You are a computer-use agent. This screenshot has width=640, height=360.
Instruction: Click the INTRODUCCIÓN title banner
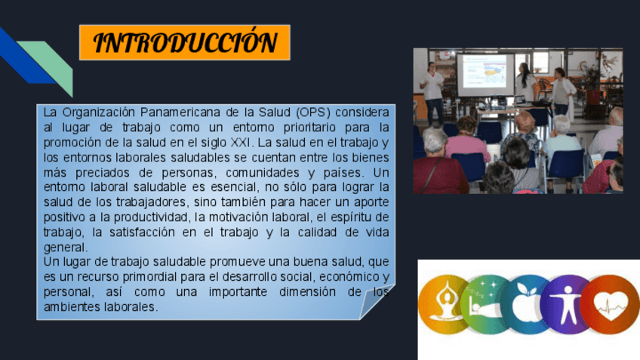pos(184,42)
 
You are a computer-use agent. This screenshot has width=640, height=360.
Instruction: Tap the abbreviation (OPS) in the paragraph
pos(313,112)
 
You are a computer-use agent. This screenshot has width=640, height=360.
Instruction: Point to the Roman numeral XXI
pos(241,143)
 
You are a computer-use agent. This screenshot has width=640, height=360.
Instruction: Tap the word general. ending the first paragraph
pos(66,248)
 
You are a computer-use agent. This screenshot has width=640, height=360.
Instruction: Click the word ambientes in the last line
pos(72,306)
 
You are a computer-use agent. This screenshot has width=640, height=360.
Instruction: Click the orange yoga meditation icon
pos(444,304)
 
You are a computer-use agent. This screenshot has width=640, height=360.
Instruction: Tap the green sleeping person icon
pos(484,305)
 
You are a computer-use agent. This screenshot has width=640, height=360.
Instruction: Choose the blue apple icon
pos(525,305)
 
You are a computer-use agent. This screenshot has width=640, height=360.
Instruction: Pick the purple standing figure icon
pos(565,305)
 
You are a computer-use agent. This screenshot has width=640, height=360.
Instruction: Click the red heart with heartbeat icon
pos(610,304)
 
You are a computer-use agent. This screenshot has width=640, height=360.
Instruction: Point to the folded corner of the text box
pos(376,301)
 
